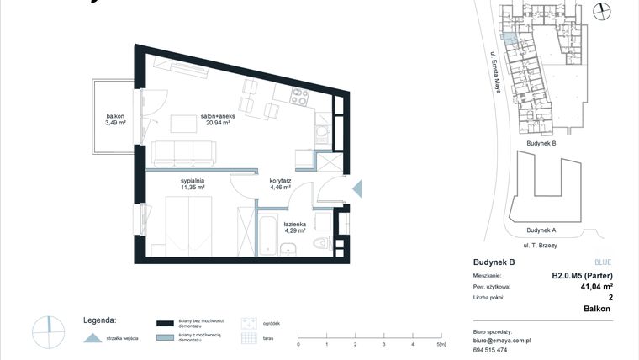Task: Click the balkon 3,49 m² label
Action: [115, 119]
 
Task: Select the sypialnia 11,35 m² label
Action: [193, 184]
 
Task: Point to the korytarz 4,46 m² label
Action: [280, 184]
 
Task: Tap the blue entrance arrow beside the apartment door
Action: [356, 188]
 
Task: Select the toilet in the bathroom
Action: [319, 243]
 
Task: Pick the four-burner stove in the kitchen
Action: [299, 97]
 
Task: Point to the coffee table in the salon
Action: [186, 124]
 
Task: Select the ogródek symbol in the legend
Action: [248, 323]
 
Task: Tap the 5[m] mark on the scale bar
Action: [441, 344]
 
